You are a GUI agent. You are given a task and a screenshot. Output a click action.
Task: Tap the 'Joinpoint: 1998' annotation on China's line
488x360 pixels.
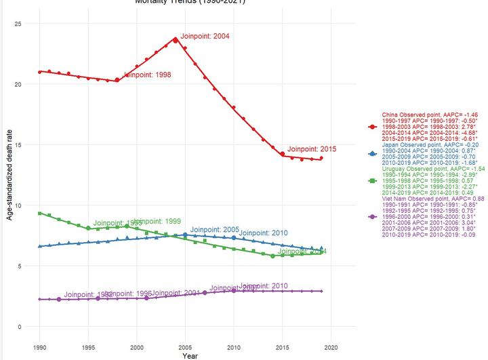point(146,75)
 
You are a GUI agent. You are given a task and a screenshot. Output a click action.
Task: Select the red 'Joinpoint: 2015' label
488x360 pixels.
point(311,148)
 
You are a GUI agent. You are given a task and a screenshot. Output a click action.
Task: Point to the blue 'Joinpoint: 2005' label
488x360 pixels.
point(214,230)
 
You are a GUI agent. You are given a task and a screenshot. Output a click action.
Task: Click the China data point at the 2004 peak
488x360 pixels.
point(176,40)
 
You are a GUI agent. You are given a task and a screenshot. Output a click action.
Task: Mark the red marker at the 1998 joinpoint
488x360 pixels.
point(117,80)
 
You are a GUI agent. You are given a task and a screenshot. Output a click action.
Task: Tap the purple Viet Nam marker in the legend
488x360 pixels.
point(372,216)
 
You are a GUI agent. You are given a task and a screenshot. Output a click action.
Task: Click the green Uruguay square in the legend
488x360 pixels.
point(372,181)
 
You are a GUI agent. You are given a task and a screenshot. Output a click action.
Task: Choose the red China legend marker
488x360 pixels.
point(372,127)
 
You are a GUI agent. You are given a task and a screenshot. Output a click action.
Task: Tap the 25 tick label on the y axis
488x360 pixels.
point(18,24)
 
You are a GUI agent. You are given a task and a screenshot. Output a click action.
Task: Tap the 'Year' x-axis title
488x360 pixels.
point(190,355)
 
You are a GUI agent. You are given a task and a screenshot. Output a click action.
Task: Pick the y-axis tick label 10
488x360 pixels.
point(18,205)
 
